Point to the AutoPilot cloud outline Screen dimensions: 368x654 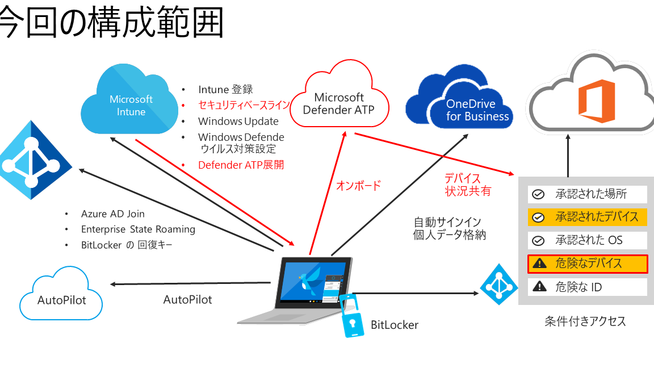tap(61, 299)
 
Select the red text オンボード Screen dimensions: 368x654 tap(358, 186)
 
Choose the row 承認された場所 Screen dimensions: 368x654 tap(588, 194)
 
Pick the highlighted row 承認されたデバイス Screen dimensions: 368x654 tap(588, 217)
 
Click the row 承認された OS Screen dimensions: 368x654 tap(588, 240)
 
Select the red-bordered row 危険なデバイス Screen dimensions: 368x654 tap(588, 264)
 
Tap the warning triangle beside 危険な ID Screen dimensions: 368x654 tap(538, 287)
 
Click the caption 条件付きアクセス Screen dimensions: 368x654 tap(585, 321)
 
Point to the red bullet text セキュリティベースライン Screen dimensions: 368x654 tap(244, 105)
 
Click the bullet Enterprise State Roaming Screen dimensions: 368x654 tap(138, 229)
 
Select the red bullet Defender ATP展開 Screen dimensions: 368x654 tap(241, 165)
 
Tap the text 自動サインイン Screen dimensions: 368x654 tap(447, 222)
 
